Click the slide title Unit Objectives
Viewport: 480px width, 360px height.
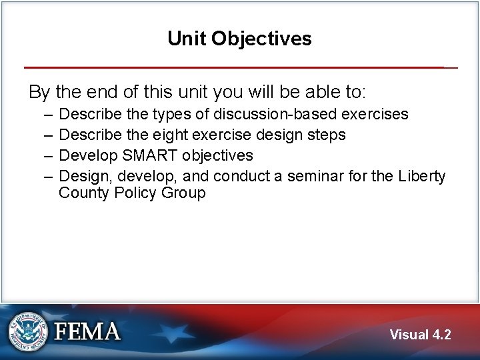(x=239, y=39)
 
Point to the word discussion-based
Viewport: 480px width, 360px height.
(x=275, y=114)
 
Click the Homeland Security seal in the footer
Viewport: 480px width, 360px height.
(x=27, y=331)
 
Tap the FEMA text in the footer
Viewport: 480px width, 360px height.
(x=87, y=332)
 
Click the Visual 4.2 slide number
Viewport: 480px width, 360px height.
(x=420, y=335)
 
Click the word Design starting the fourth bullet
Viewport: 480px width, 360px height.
(x=78, y=176)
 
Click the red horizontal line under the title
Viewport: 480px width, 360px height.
(x=233, y=67)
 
